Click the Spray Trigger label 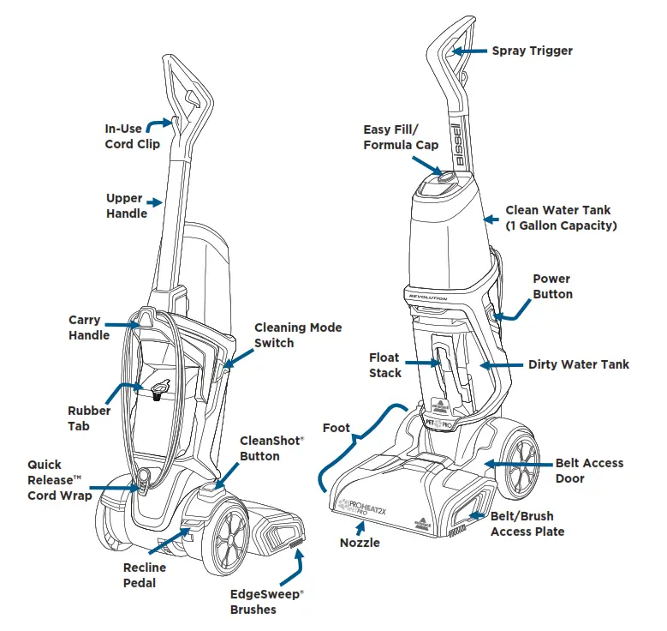pyautogui.click(x=532, y=51)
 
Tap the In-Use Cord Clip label pyautogui.click(x=132, y=136)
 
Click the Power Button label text pyautogui.click(x=552, y=286)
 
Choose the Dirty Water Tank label pyautogui.click(x=578, y=364)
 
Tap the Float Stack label pyautogui.click(x=384, y=365)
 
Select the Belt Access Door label pyautogui.click(x=589, y=470)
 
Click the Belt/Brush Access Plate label pyautogui.click(x=527, y=524)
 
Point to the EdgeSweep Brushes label pyautogui.click(x=267, y=601)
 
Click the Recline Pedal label pyautogui.click(x=144, y=575)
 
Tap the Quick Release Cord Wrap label pyautogui.click(x=59, y=480)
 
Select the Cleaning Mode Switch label pyautogui.click(x=297, y=335)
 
